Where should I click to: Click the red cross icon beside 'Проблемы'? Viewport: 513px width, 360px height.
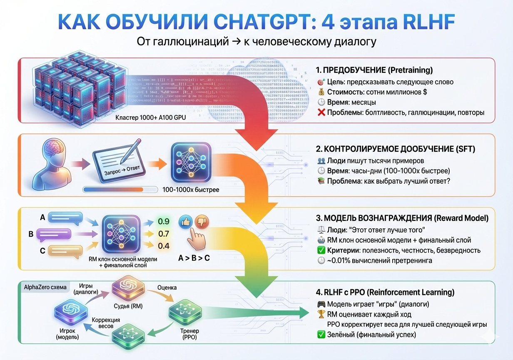tap(321, 112)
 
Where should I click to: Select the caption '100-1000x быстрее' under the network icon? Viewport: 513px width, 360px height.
tap(192, 190)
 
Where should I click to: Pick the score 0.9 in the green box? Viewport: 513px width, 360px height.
tap(164, 221)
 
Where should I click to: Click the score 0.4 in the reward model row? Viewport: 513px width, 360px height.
tap(164, 246)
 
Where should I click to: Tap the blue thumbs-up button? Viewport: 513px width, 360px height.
tap(185, 222)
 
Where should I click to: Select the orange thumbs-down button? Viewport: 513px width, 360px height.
tap(202, 222)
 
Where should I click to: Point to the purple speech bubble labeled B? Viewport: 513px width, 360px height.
tap(57, 234)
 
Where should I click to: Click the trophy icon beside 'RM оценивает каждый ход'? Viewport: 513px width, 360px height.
tap(321, 315)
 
